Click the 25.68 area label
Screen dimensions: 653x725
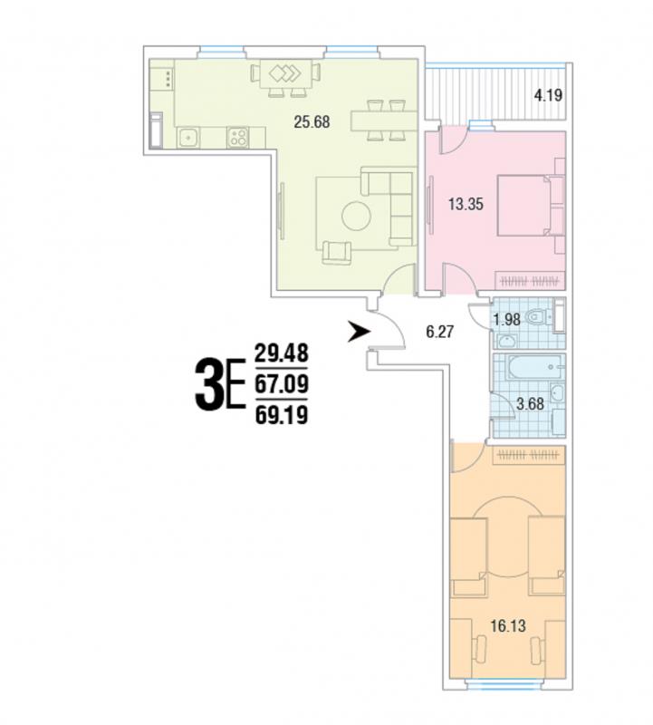click(x=312, y=122)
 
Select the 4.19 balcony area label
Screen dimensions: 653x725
click(x=548, y=96)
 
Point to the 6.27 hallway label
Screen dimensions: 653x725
click(x=440, y=332)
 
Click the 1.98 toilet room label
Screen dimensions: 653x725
click(x=506, y=319)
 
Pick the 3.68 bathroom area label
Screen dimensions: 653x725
click(x=530, y=403)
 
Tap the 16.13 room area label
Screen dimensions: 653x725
click(x=508, y=626)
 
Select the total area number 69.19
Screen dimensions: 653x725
click(x=282, y=416)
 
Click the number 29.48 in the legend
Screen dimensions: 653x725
click(x=282, y=353)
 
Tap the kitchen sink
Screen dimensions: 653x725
click(x=188, y=138)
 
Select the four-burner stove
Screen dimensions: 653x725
click(x=238, y=137)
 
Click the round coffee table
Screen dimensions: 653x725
click(x=356, y=216)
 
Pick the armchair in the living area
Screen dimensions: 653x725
click(x=337, y=253)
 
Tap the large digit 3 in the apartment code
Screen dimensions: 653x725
click(x=208, y=386)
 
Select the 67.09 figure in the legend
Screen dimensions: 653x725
click(x=282, y=384)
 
